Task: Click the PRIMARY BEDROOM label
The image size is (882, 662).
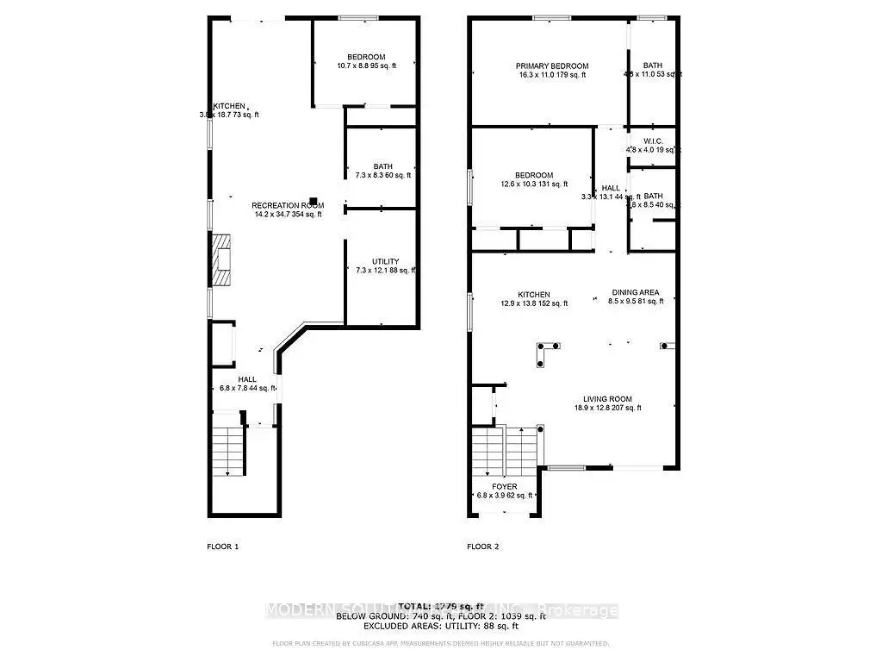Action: pyautogui.click(x=552, y=66)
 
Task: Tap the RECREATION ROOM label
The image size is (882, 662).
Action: pyautogui.click(x=287, y=205)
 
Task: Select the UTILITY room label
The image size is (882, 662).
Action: pyautogui.click(x=385, y=261)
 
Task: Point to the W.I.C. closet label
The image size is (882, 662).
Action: pyautogui.click(x=652, y=141)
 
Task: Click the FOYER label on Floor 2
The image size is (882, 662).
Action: pyautogui.click(x=504, y=486)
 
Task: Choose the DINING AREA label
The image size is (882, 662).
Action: pyautogui.click(x=636, y=293)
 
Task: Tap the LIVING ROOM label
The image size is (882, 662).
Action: pyautogui.click(x=607, y=399)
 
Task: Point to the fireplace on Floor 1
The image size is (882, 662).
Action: pyautogui.click(x=222, y=260)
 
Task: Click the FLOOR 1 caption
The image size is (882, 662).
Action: pyautogui.click(x=223, y=546)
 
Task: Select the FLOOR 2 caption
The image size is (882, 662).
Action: pyautogui.click(x=483, y=546)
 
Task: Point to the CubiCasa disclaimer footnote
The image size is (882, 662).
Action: pyautogui.click(x=440, y=643)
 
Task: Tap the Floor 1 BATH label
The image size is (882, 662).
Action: pyautogui.click(x=383, y=166)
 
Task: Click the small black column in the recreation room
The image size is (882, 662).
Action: pyautogui.click(x=314, y=203)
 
